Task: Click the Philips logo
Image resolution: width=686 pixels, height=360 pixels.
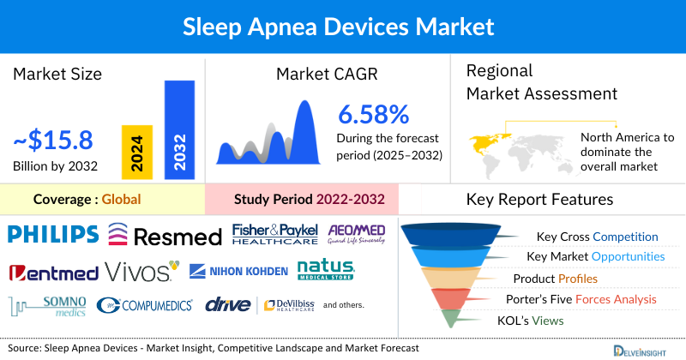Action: (x=52, y=233)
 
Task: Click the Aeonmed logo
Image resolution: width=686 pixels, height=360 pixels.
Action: (x=357, y=234)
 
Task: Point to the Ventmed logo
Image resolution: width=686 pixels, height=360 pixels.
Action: (x=51, y=273)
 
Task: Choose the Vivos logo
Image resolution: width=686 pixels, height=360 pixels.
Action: (x=142, y=272)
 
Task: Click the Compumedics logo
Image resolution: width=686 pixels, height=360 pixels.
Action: (x=145, y=305)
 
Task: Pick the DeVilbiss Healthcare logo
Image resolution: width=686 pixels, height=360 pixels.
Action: (x=287, y=305)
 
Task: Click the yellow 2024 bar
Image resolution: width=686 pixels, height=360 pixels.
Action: (x=135, y=151)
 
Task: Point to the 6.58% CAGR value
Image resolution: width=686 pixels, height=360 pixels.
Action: (x=373, y=114)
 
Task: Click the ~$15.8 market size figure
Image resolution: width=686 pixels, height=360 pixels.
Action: (x=52, y=139)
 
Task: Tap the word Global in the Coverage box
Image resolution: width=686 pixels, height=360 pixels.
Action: (x=121, y=200)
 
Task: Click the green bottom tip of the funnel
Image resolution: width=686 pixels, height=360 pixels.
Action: (x=447, y=319)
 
